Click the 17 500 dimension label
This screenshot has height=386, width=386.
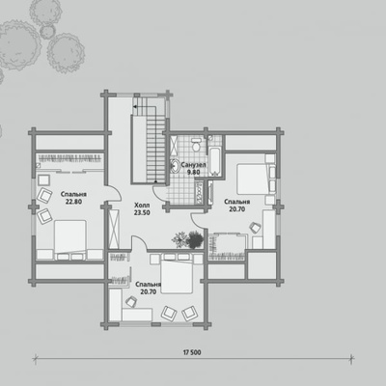[192, 352]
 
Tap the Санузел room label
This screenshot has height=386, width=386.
[193, 165]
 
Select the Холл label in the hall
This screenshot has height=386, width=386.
[142, 206]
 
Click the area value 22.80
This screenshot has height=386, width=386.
[73, 202]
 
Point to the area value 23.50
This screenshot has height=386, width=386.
[142, 212]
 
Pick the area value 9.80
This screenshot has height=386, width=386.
[193, 172]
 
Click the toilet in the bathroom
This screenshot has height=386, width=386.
[195, 145]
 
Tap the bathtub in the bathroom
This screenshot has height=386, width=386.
[214, 162]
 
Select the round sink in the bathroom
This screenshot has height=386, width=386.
[175, 166]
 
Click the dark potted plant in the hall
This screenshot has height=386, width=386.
[195, 239]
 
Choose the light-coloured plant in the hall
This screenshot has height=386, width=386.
[180, 239]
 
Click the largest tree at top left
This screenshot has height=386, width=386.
[19, 45]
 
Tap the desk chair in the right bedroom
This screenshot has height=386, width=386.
[256, 227]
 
